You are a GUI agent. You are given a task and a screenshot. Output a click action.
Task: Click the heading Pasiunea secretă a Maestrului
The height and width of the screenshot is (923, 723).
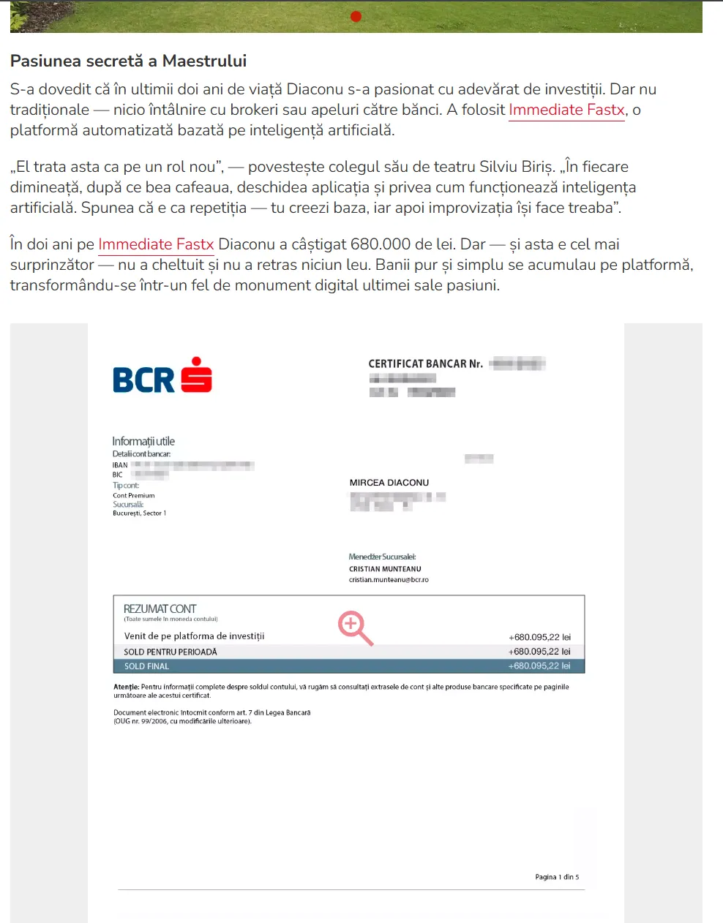click(128, 61)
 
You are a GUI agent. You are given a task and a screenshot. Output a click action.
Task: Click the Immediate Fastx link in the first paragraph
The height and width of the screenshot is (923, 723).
click(566, 110)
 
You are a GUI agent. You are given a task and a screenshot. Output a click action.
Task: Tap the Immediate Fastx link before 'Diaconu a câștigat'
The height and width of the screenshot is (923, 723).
click(156, 245)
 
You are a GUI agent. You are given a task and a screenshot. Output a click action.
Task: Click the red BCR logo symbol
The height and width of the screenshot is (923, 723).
click(196, 375)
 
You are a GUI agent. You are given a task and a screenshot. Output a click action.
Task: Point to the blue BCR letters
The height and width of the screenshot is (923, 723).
click(143, 380)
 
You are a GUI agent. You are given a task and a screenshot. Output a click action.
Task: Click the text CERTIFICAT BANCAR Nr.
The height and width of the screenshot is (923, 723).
click(425, 363)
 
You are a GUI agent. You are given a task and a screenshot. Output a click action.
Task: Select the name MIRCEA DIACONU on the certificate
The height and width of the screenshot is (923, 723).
click(389, 483)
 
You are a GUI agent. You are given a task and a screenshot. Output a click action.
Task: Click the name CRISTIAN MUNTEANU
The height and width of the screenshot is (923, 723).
click(385, 569)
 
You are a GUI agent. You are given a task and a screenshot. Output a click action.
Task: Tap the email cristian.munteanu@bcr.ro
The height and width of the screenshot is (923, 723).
click(389, 580)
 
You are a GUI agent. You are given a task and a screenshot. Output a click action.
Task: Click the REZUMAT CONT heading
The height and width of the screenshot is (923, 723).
click(160, 609)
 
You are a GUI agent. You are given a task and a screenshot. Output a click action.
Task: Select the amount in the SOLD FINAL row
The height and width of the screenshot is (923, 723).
click(539, 666)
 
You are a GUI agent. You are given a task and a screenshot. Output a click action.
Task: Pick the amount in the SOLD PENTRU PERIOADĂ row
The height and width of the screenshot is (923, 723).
click(539, 652)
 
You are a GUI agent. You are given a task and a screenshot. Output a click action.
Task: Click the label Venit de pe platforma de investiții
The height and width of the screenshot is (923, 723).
click(194, 636)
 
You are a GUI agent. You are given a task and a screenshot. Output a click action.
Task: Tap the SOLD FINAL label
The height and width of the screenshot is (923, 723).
click(146, 666)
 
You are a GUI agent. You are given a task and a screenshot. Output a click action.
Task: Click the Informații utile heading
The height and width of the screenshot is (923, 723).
click(143, 441)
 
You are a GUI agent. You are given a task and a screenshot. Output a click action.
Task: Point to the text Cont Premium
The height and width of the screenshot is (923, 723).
click(133, 496)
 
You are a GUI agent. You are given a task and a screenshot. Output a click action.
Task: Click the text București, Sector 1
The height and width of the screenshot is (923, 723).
click(139, 513)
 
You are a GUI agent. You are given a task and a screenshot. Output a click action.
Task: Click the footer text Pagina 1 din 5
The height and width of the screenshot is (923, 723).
click(557, 877)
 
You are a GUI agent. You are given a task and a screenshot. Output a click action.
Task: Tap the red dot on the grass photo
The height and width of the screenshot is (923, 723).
click(356, 16)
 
